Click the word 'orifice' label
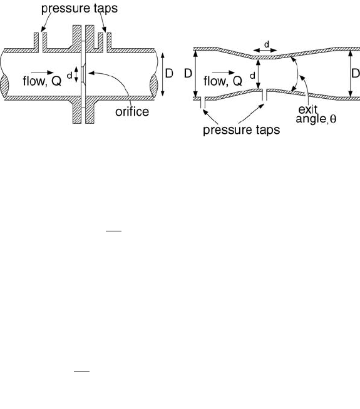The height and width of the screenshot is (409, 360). click(132, 112)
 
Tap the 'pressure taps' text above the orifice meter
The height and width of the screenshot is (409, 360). click(80, 8)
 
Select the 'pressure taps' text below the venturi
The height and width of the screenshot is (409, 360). click(241, 129)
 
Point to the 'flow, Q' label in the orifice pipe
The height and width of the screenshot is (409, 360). click(42, 81)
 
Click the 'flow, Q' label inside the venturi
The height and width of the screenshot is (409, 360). click(223, 81)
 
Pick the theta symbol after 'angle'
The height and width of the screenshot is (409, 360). click(333, 119)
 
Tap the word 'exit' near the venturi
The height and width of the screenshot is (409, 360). click(308, 109)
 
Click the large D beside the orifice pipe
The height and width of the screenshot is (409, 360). click(169, 73)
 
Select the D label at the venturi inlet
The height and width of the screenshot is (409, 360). click(188, 74)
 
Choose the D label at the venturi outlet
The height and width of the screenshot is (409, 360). click(356, 73)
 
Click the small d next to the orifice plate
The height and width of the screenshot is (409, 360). click(69, 76)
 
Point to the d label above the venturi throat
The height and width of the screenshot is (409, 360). click(267, 44)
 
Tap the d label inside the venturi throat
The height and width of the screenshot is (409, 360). click(252, 76)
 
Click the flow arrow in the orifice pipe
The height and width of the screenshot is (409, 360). click(43, 73)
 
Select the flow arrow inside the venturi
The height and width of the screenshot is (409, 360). click(224, 73)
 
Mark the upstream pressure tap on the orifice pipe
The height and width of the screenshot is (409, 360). click(41, 43)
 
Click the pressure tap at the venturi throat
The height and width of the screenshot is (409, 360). click(265, 95)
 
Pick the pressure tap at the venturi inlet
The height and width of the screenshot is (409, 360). click(203, 103)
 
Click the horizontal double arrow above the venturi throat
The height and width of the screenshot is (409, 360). click(265, 51)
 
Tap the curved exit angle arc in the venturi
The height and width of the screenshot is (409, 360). click(297, 74)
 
